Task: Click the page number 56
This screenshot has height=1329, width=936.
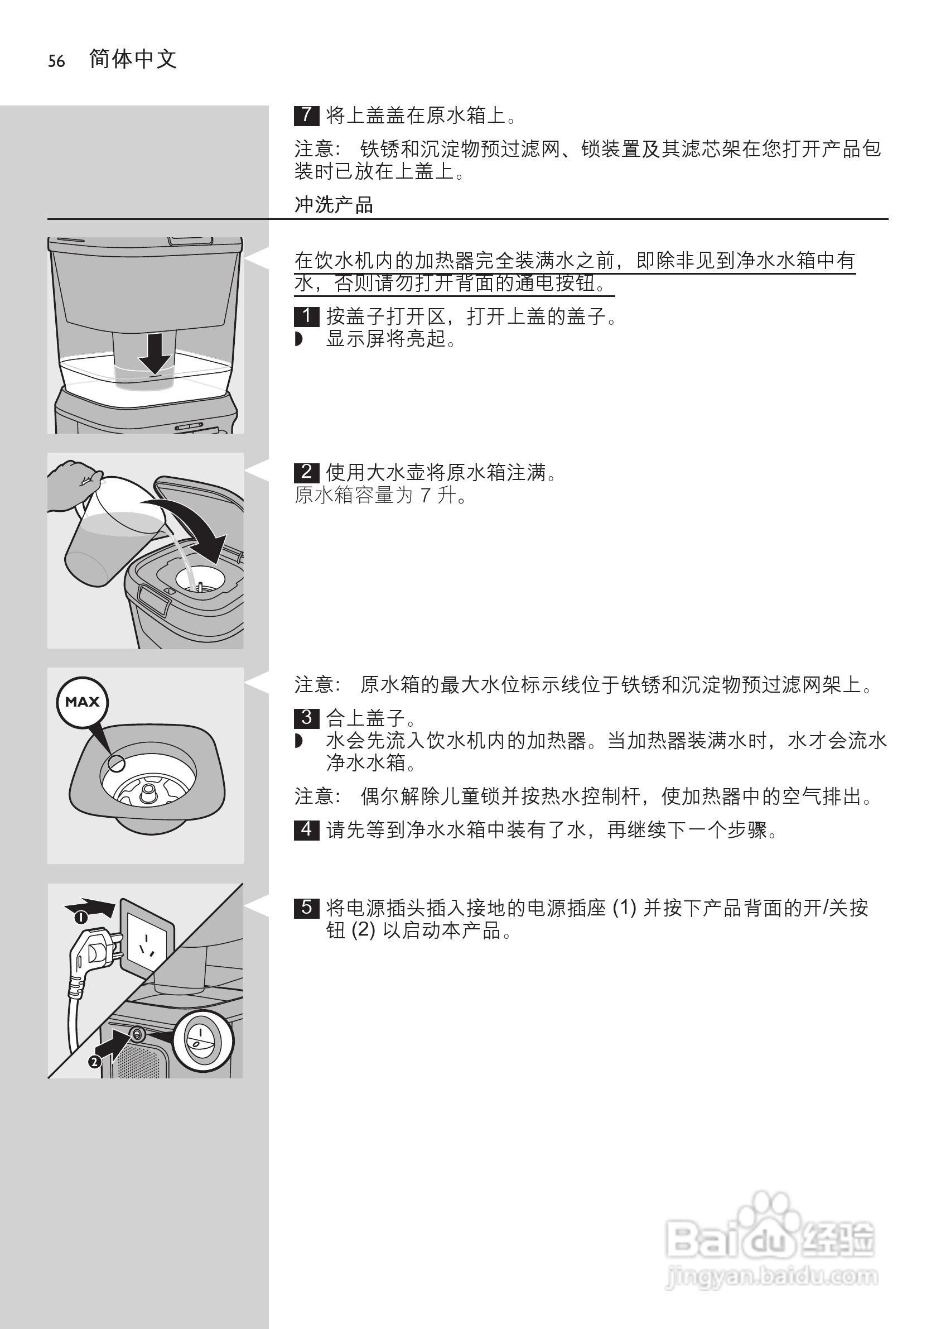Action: click(x=56, y=61)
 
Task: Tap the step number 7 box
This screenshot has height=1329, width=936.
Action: click(x=306, y=115)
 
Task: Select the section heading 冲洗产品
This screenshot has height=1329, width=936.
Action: click(x=334, y=205)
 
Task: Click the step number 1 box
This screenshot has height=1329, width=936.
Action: click(x=306, y=316)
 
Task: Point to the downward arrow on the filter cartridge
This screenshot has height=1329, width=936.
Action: click(x=155, y=354)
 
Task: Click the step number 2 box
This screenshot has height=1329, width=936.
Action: click(x=306, y=472)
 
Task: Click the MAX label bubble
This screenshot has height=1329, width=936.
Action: click(x=82, y=702)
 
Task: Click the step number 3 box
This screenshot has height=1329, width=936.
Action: click(x=306, y=718)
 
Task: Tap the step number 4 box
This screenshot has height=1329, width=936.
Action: click(x=306, y=829)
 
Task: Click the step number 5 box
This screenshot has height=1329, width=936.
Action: click(x=306, y=907)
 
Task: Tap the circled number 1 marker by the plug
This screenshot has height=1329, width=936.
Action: click(x=80, y=918)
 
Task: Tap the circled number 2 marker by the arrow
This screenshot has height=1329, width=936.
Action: click(x=94, y=1062)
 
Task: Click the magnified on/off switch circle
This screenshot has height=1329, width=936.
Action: click(x=201, y=1041)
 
